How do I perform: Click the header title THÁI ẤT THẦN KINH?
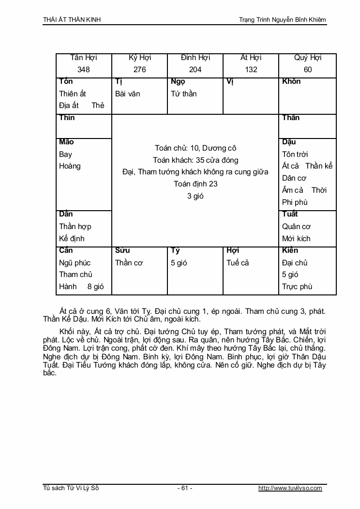[x=72, y=20]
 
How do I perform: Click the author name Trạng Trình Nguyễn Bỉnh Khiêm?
[x=283, y=20]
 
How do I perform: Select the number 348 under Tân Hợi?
[x=84, y=69]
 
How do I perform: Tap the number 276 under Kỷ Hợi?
[x=139, y=69]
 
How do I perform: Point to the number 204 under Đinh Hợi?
[x=195, y=69]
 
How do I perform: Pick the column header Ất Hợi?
[x=251, y=58]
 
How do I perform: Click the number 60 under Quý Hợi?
[x=308, y=69]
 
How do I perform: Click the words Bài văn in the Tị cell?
[x=128, y=93]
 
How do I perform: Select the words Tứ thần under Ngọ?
[x=184, y=93]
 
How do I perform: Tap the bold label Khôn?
[x=291, y=81]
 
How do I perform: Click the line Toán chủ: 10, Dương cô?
[x=195, y=148]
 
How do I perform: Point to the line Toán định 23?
[x=195, y=184]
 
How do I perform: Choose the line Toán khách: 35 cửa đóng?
[x=195, y=160]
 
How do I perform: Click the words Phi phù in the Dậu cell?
[x=295, y=202]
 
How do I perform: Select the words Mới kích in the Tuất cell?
[x=296, y=238]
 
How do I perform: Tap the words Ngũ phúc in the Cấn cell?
[x=75, y=262]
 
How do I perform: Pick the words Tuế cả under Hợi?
[x=238, y=262]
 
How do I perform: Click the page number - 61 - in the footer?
[x=185, y=488]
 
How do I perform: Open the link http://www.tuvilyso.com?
[x=290, y=488]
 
